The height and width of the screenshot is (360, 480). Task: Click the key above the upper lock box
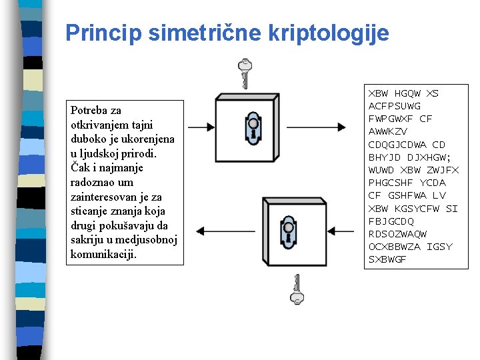click(245, 73)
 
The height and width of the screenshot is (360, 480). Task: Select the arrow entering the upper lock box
click(201, 126)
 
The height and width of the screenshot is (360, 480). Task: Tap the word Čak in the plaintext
click(79, 167)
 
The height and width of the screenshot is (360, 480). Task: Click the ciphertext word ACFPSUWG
click(395, 106)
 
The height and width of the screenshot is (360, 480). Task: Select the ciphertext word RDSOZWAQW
click(397, 234)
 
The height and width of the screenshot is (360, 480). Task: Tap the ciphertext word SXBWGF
click(387, 259)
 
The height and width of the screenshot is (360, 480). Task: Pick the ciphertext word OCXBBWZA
click(395, 247)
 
